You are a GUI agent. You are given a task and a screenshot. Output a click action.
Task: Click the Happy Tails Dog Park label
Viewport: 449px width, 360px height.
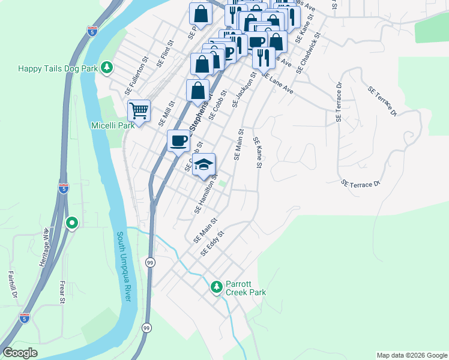click(x=58, y=68)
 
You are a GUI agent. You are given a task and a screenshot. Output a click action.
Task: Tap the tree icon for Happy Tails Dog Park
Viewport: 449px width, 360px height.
click(x=107, y=67)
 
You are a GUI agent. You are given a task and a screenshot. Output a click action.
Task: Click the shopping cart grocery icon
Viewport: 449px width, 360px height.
click(x=139, y=111)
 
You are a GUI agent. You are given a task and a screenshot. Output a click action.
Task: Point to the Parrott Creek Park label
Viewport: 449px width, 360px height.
click(x=246, y=288)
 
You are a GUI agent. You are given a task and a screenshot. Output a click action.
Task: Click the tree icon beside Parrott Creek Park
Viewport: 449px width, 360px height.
click(x=216, y=287)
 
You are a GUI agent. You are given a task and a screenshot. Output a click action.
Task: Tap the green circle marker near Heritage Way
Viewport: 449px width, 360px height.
click(x=72, y=224)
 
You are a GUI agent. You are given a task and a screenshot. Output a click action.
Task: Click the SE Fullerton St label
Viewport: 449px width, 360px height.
click(x=136, y=76)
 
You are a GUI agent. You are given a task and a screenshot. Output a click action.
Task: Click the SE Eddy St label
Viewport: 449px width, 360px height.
click(x=212, y=243)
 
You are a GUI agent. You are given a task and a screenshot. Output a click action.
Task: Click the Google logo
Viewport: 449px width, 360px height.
click(x=20, y=353)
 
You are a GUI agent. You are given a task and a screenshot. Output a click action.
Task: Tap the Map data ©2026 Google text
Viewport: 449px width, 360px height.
click(x=411, y=355)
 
